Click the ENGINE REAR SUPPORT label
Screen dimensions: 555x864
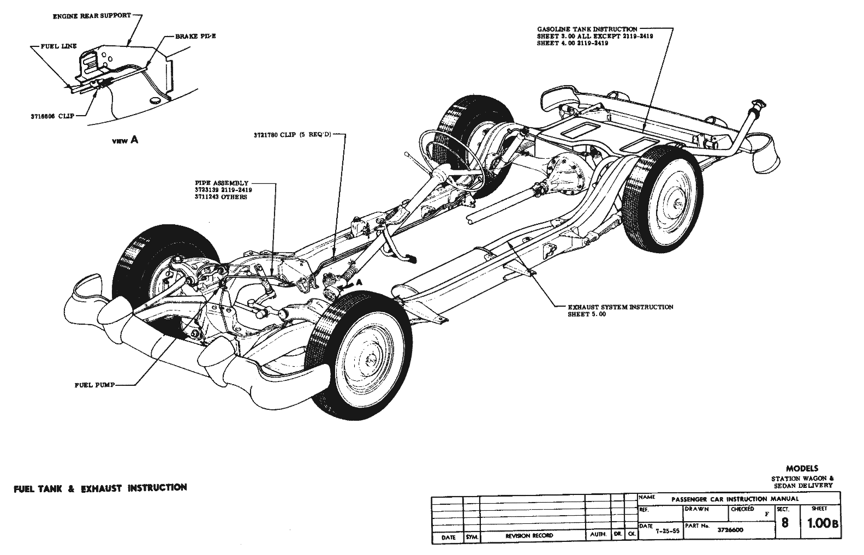pyautogui.click(x=92, y=16)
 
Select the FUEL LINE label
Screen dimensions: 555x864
pyautogui.click(x=59, y=46)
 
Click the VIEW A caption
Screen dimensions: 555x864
pyautogui.click(x=125, y=140)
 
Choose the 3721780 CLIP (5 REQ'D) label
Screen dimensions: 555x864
pyautogui.click(x=292, y=134)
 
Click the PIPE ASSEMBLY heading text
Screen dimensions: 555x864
pyautogui.click(x=222, y=183)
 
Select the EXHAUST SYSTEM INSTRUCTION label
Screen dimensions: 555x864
pyautogui.click(x=621, y=307)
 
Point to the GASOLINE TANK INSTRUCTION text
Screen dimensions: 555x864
pyautogui.click(x=587, y=29)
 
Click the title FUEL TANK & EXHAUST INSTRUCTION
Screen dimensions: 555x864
pyautogui.click(x=100, y=487)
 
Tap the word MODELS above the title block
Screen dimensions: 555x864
pyautogui.click(x=802, y=468)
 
